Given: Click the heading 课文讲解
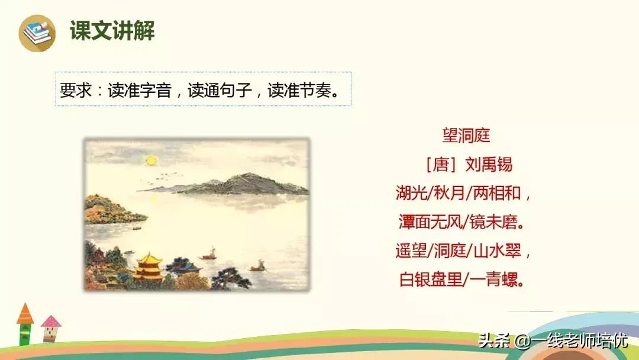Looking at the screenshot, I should click(112, 31).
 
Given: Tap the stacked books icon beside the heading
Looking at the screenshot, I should click(37, 32).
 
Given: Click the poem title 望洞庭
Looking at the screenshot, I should click(466, 136).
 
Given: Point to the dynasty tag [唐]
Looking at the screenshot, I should click(437, 164).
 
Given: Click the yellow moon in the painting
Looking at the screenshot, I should click(152, 160).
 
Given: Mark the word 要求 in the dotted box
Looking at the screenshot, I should click(73, 90).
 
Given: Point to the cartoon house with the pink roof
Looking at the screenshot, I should click(51, 329).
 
